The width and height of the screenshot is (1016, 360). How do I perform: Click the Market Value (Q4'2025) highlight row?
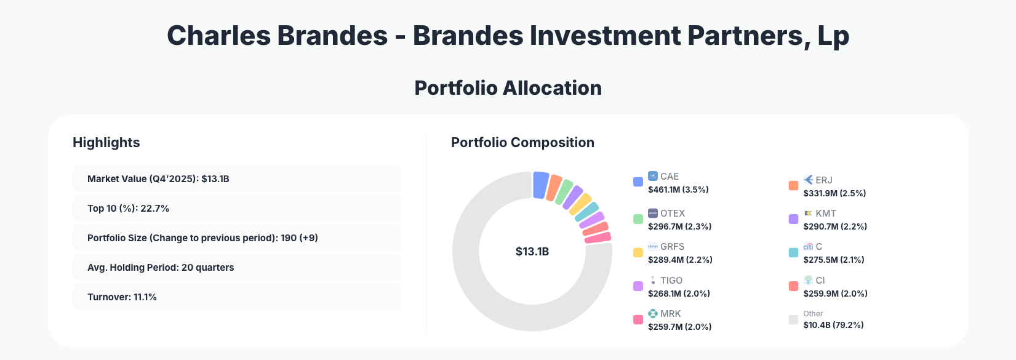pyautogui.click(x=236, y=179)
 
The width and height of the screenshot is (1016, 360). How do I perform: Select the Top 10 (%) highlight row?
pyautogui.click(x=236, y=209)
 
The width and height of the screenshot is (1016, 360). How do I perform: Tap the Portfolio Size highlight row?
pyautogui.click(x=236, y=238)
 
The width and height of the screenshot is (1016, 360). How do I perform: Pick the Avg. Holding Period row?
pyautogui.click(x=236, y=268)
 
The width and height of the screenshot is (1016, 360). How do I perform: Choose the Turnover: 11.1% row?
pyautogui.click(x=236, y=297)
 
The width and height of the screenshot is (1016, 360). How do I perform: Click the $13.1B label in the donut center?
pyautogui.click(x=532, y=252)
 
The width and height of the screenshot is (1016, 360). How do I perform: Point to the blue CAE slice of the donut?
pyautogui.click(x=540, y=185)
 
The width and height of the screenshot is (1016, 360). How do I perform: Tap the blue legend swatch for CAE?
pyautogui.click(x=638, y=182)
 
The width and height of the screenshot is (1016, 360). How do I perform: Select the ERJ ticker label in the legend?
pyautogui.click(x=823, y=180)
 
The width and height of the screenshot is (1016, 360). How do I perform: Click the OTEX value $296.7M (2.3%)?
pyautogui.click(x=679, y=226)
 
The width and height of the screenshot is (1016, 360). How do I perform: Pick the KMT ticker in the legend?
pyautogui.click(x=825, y=214)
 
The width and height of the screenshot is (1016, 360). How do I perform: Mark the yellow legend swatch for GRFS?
pyautogui.click(x=638, y=252)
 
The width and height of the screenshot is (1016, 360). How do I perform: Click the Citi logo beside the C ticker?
pyautogui.click(x=808, y=247)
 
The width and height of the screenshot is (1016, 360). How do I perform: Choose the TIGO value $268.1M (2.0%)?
pyautogui.click(x=679, y=294)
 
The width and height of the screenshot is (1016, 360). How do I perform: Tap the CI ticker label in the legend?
pyautogui.click(x=820, y=281)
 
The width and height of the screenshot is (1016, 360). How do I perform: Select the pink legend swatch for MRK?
pyautogui.click(x=638, y=319)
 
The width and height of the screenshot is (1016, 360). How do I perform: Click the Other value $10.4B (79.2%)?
pyautogui.click(x=833, y=325)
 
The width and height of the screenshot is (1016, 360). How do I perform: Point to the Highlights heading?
pyautogui.click(x=106, y=143)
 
